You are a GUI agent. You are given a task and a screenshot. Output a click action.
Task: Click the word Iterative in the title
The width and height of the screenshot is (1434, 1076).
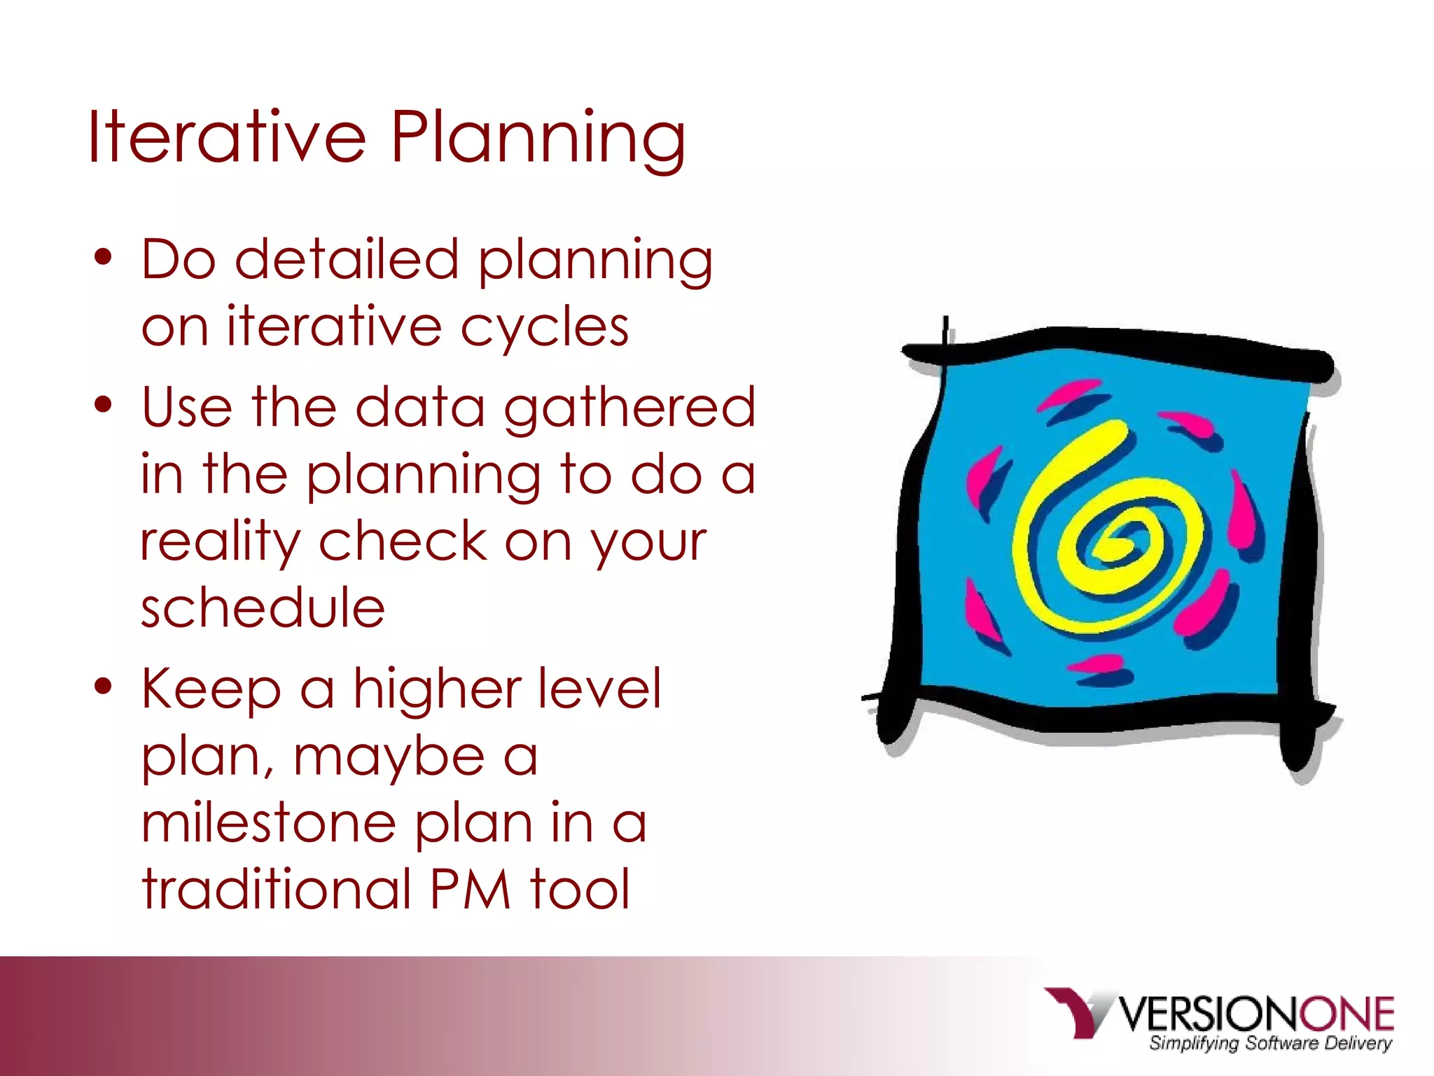pyautogui.click(x=226, y=137)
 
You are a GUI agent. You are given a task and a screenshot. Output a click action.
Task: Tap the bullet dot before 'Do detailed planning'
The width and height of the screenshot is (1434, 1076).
pyautogui.click(x=103, y=258)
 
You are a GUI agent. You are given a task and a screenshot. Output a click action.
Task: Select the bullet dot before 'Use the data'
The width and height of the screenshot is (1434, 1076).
pyautogui.click(x=103, y=406)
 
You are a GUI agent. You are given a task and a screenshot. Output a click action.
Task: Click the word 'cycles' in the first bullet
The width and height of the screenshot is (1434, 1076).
pyautogui.click(x=544, y=328)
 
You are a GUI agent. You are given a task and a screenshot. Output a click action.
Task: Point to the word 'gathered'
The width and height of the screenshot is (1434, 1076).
pyautogui.click(x=629, y=408)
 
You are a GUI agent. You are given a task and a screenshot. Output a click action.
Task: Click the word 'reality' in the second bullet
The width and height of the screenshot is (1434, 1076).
pyautogui.click(x=219, y=543)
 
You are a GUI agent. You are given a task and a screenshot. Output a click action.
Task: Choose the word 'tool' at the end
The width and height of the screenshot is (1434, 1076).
pyautogui.click(x=580, y=890)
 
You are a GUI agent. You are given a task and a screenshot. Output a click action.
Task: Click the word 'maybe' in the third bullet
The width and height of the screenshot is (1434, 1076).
pyautogui.click(x=388, y=758)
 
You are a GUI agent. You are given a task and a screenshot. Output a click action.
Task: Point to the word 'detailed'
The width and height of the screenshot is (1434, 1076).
pyautogui.click(x=346, y=259)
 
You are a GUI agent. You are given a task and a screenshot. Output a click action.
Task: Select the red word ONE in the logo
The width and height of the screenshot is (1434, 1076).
pyautogui.click(x=1346, y=1014)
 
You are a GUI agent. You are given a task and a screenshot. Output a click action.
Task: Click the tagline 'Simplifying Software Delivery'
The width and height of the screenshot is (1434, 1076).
pyautogui.click(x=1269, y=1043)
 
